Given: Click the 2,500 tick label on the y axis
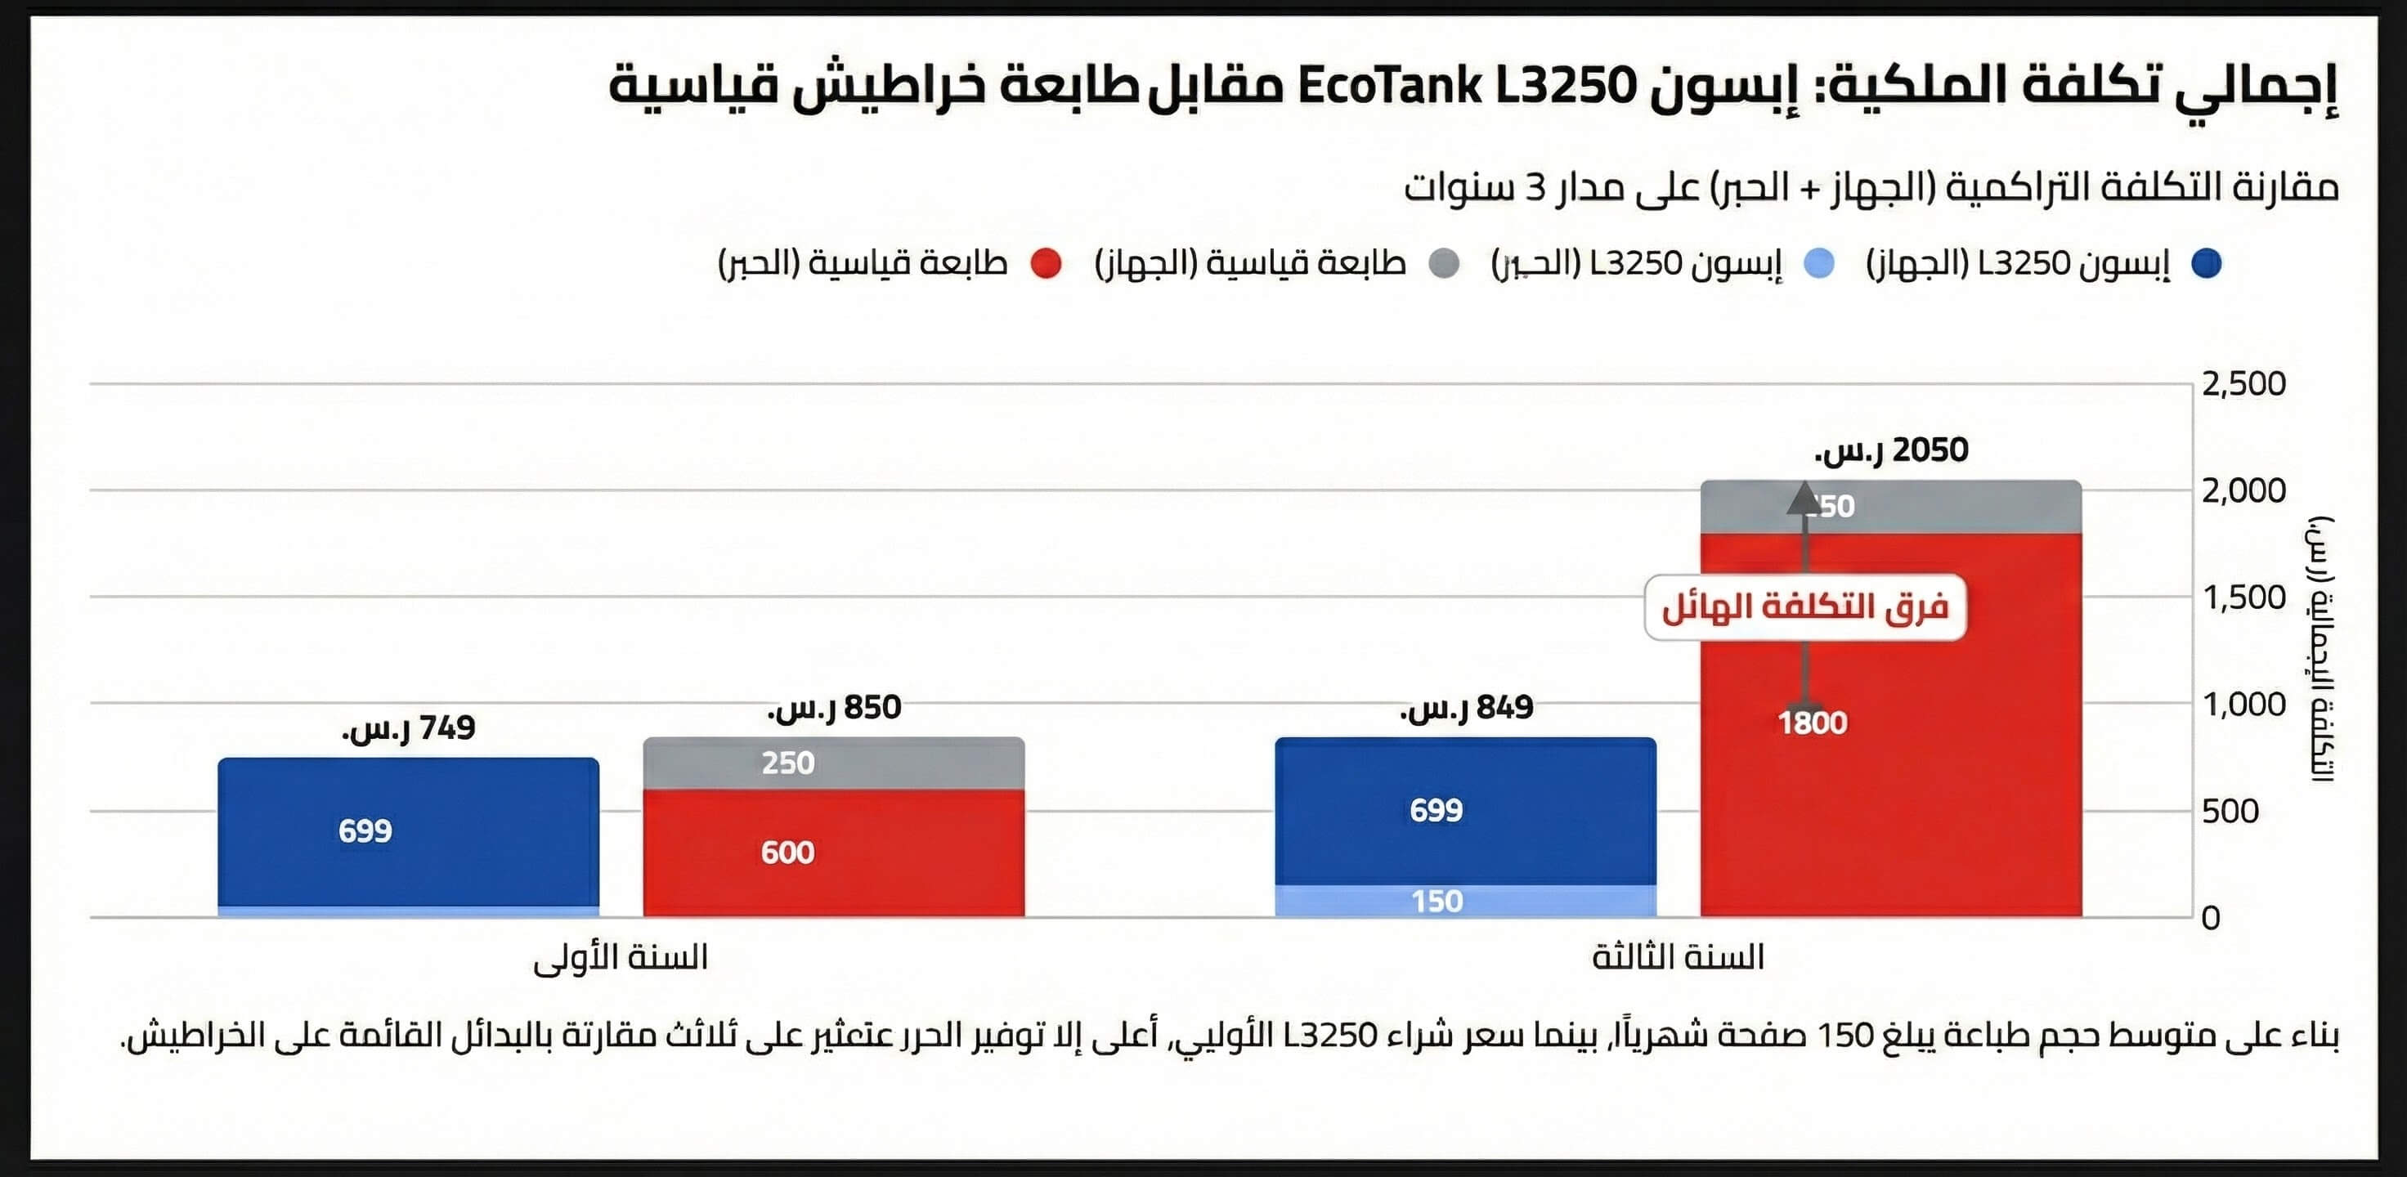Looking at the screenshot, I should (x=2243, y=384).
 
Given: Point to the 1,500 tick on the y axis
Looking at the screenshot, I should (x=2243, y=597).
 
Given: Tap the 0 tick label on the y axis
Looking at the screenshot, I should (x=2211, y=918).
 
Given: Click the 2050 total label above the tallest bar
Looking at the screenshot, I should (x=1891, y=450).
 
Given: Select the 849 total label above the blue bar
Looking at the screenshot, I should (x=1466, y=708).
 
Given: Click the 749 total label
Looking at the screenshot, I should (x=408, y=727).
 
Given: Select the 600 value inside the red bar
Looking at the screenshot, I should (x=787, y=852).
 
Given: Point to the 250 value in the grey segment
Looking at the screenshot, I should (x=787, y=763).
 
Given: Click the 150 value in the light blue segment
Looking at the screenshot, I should (x=1437, y=902).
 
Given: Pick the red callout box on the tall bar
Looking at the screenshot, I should (x=1805, y=607).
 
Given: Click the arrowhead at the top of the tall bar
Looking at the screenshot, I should (x=1803, y=498).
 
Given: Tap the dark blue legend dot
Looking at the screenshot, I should (x=2207, y=263).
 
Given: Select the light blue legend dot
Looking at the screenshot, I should (x=1818, y=263).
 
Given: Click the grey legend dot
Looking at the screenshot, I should (x=1445, y=263).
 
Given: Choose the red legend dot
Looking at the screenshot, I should (x=1047, y=263).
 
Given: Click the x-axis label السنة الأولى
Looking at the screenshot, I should (x=621, y=957).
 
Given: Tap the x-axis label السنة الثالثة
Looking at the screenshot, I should (x=1679, y=957).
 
